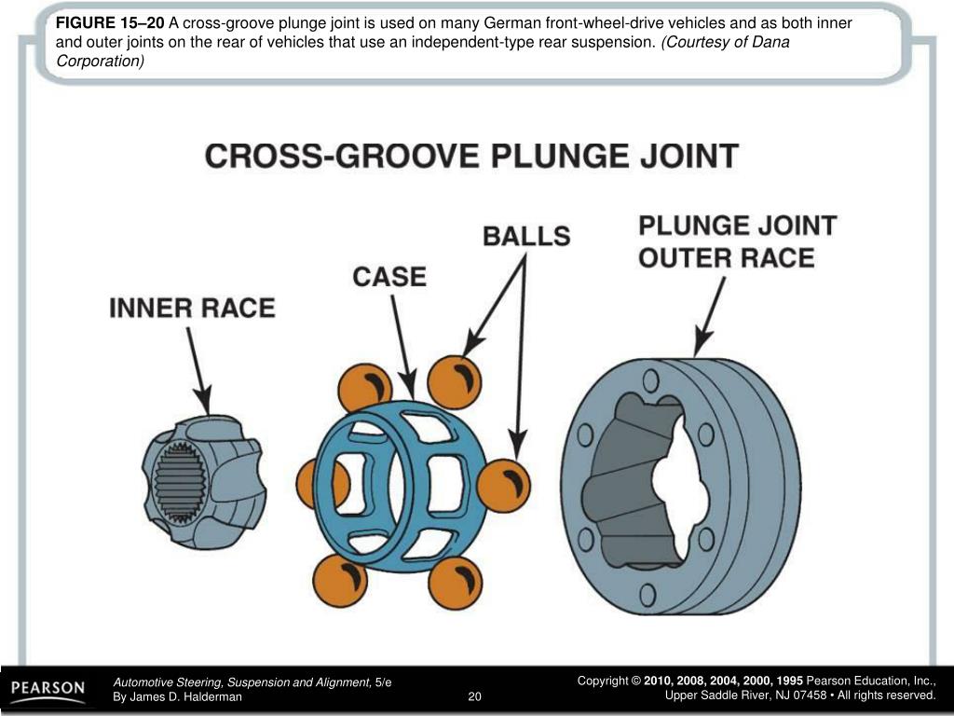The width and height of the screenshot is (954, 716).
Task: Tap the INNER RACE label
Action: point(192,308)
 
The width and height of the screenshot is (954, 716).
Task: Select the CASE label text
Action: point(388,277)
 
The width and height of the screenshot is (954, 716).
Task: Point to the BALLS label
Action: point(525,236)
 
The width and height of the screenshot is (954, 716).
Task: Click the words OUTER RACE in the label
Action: point(726,258)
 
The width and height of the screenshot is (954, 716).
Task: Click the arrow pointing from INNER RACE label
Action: point(198,363)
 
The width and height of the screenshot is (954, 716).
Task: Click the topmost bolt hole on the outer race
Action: point(650,379)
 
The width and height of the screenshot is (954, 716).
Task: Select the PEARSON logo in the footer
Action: point(48,691)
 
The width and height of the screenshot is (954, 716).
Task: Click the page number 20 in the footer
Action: point(474,696)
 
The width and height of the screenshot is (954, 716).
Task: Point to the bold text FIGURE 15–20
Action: point(110,23)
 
